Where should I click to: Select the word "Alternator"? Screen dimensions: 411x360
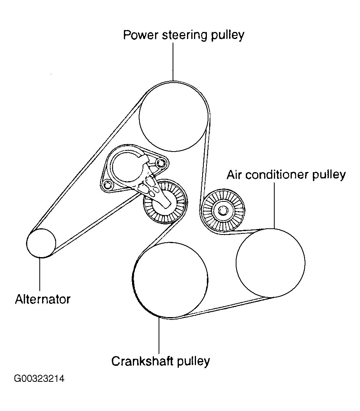point(43,299)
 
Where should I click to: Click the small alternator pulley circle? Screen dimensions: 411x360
point(41,243)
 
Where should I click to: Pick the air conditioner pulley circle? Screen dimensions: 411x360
point(270,263)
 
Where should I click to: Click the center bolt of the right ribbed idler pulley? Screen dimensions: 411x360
point(223,211)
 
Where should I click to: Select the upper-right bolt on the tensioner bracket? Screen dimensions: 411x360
point(161,162)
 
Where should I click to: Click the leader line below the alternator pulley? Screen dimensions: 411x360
point(40,275)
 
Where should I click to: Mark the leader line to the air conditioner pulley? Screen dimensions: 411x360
point(274,205)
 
